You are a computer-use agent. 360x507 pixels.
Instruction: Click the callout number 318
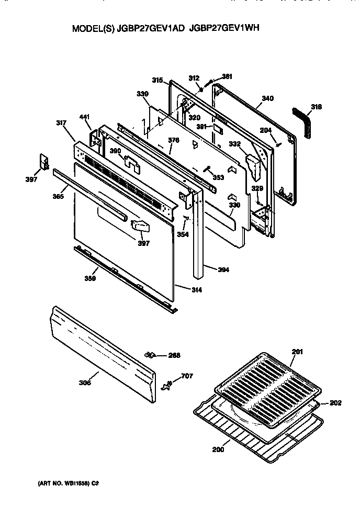click(316, 107)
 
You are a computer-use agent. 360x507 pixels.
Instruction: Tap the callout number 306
click(85, 383)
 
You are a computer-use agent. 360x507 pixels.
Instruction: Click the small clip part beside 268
click(152, 356)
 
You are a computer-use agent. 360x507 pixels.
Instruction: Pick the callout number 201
click(297, 352)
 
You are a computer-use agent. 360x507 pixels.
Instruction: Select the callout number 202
click(335, 403)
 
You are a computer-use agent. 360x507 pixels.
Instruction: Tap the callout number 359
click(90, 279)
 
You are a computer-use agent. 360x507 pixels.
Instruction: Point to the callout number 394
click(223, 270)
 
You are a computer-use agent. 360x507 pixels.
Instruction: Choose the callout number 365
click(59, 196)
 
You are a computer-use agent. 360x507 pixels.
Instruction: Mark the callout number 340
click(267, 98)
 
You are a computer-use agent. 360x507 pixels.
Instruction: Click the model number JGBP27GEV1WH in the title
click(223, 30)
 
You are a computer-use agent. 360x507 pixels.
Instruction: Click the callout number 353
click(218, 178)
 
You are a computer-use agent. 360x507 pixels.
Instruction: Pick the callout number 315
click(157, 80)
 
